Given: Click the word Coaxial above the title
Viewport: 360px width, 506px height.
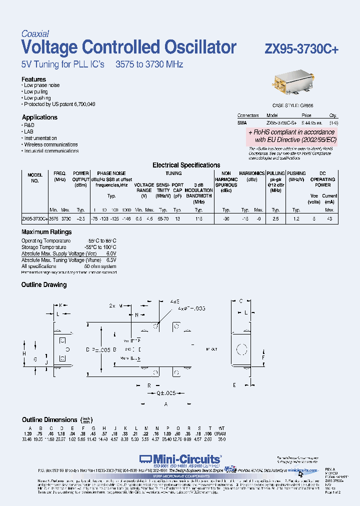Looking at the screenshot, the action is point(35,34).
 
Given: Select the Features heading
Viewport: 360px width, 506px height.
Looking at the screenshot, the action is point(33,79).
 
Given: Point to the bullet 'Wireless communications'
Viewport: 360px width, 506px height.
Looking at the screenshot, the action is point(51,144).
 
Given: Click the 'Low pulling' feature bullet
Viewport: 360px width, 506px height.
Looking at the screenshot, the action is point(36,91).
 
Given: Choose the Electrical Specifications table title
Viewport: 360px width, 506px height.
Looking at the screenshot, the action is point(186,165).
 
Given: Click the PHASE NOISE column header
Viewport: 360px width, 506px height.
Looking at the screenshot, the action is point(111,173).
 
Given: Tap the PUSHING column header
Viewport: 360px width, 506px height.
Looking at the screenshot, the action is point(296,173).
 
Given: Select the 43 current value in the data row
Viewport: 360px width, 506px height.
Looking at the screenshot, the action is point(329,218).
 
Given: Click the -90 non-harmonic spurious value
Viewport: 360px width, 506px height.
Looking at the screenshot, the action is point(226,218).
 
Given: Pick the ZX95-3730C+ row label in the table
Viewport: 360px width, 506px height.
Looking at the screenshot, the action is point(34,218).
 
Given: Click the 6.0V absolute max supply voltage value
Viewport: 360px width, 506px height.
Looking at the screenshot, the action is point(111,253).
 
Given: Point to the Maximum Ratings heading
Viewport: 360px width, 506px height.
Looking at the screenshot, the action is point(46,232).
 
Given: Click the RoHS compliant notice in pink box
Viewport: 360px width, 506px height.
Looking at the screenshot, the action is point(293,136).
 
